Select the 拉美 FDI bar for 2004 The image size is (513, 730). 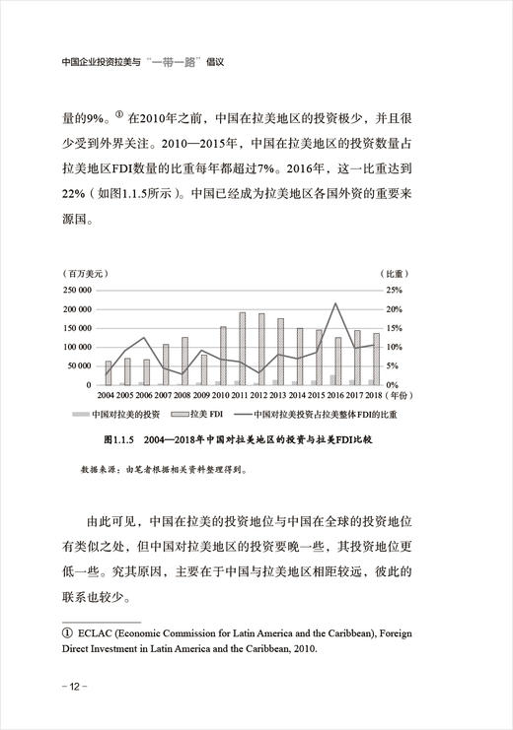(x=109, y=372)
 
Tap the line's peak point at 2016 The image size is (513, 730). (x=336, y=303)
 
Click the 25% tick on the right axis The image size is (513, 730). (x=394, y=291)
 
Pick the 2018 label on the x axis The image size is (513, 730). (x=374, y=395)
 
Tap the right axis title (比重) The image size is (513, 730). (x=393, y=272)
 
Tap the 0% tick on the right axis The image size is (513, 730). (x=391, y=384)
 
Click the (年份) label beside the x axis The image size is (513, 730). (x=402, y=395)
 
